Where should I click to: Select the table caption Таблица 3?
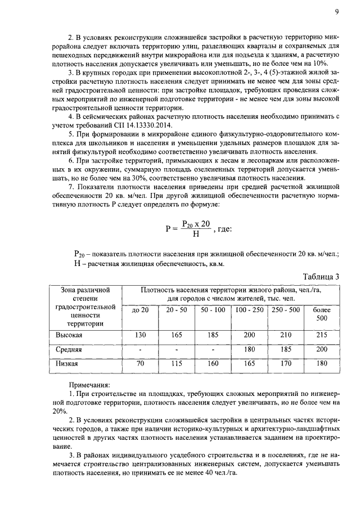[321, 276]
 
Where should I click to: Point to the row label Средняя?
[68, 349]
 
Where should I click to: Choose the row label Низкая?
[66, 364]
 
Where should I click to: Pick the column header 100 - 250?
[249, 310]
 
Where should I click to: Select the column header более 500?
[322, 314]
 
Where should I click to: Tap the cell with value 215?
[322, 335]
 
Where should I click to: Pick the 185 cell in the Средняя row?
[285, 349]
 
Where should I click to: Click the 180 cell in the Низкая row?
[322, 364]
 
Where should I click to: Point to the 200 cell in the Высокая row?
[249, 335]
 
